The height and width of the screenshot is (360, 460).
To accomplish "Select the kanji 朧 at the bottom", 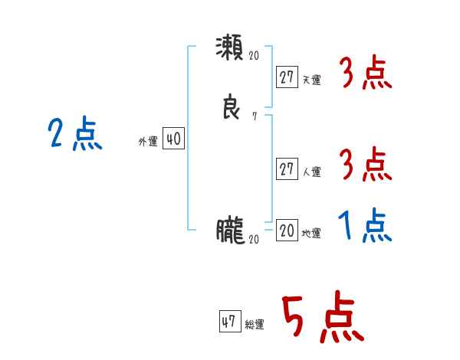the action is (230, 229).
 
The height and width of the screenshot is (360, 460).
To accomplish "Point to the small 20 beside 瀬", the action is (254, 56).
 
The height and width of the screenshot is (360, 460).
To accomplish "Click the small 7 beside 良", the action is (254, 116).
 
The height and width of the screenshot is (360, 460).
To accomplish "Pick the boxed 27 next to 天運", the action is (287, 77).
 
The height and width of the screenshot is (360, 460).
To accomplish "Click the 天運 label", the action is (311, 80).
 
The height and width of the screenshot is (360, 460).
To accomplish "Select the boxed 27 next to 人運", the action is (287, 169).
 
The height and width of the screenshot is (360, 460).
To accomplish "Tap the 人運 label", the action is (311, 172).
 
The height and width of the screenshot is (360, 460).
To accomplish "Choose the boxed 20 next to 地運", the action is (287, 231).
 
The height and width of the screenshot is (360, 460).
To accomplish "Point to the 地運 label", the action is (311, 234).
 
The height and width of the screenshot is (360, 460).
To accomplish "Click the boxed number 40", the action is (173, 139).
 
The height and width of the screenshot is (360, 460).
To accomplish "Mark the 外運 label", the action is (148, 142).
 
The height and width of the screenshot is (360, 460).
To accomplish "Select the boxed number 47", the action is (229, 321).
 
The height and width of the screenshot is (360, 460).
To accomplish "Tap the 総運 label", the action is (255, 325).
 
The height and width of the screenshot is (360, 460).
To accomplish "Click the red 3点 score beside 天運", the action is (365, 75).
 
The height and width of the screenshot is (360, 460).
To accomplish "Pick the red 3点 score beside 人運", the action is (365, 165).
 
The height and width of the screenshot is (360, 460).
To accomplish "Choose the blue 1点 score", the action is (365, 226).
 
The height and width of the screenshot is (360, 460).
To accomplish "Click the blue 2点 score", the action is (74, 136).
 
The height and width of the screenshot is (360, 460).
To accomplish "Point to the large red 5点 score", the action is (322, 319).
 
